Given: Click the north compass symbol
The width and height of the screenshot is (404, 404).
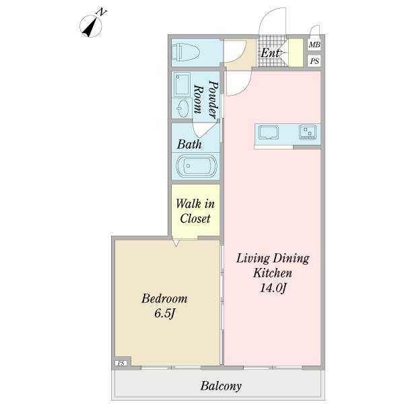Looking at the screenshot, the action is [x=91, y=26].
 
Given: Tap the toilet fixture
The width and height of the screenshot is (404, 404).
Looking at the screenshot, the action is [x=186, y=52].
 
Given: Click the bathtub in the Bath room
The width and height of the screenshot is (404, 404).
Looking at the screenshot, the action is [x=197, y=166].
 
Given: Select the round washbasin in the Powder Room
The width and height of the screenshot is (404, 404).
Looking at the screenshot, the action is [x=182, y=108].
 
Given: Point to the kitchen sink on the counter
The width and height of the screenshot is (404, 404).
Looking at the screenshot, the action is [x=269, y=133].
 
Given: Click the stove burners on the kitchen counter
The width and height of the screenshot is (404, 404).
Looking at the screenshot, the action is [x=308, y=132].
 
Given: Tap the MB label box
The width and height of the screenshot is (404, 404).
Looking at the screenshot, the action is [x=314, y=44].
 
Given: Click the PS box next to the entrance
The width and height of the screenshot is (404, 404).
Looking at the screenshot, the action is [x=314, y=61].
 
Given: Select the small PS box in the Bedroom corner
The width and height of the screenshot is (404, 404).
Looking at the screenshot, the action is [x=121, y=364].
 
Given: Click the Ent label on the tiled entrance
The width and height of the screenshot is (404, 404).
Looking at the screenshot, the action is [x=270, y=53].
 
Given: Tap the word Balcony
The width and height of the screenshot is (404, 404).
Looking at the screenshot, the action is [x=221, y=386].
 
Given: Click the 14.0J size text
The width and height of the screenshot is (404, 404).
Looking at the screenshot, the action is [x=273, y=288].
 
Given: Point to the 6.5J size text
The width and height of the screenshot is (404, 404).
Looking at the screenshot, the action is [x=165, y=313].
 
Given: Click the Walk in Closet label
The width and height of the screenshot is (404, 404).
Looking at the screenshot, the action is [x=195, y=211].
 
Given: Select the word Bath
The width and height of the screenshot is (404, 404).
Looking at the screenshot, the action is [x=189, y=144].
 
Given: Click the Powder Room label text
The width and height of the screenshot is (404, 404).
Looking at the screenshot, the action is [x=206, y=99].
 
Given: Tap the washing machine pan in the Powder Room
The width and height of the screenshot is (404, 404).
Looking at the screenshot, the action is [x=182, y=84].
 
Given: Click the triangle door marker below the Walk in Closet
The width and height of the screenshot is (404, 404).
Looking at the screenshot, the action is [x=176, y=243].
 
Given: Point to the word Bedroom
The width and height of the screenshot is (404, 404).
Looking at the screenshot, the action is [x=164, y=298].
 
